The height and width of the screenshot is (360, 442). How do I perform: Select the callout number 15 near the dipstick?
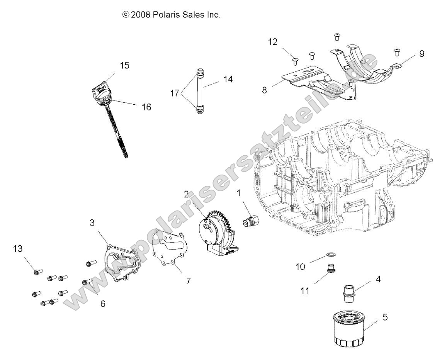pos(124,65)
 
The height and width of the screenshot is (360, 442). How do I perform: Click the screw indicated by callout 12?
pos(296,60)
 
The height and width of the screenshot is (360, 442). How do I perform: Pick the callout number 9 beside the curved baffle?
pos(421,54)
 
